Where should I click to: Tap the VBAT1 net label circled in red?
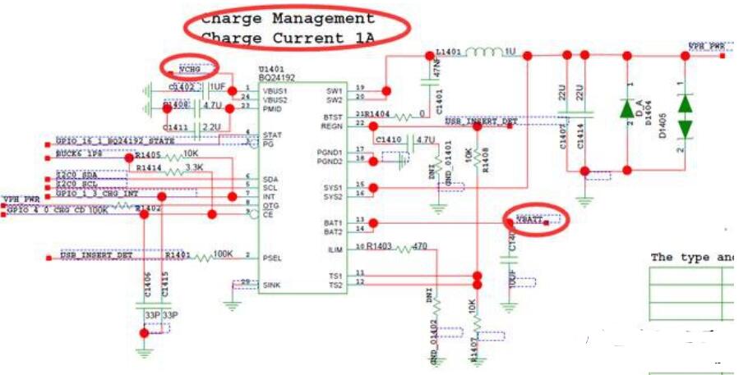(x=530, y=220)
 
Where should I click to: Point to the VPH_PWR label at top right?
(x=706, y=47)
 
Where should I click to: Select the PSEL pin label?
(x=272, y=257)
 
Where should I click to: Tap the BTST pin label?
(x=333, y=117)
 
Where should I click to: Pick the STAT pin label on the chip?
(x=272, y=135)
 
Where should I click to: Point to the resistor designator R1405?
(x=149, y=154)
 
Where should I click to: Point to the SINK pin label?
(x=273, y=286)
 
